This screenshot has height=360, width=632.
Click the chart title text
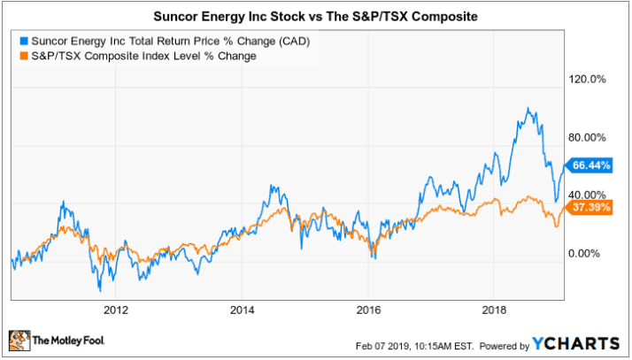[x=315, y=14]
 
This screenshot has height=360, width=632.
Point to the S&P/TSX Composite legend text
[x=143, y=56]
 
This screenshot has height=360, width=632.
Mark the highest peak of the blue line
[x=528, y=109]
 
